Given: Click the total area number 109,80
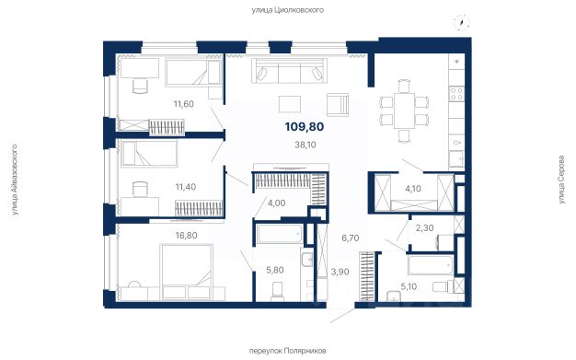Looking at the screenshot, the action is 305,127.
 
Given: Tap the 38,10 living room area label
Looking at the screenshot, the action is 305,145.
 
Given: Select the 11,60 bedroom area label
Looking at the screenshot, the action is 184,104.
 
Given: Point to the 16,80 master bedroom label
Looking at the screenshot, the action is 186,236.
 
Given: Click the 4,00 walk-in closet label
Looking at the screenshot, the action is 277,203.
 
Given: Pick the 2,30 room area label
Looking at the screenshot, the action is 425,228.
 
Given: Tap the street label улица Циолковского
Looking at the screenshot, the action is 288,10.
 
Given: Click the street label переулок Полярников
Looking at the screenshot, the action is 288,351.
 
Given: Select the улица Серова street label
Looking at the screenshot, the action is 561,180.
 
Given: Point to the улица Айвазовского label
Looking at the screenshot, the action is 15,180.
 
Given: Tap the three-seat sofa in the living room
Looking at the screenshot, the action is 289,71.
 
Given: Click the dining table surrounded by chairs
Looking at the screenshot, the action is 404,110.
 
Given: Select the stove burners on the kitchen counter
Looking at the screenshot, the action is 456,93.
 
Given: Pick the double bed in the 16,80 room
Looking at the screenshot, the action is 187,272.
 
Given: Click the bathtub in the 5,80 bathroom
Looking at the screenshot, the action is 280,233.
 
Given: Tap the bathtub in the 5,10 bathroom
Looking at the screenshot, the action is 431,264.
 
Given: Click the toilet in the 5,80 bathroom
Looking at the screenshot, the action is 277,291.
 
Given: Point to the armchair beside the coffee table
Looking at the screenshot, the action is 337,105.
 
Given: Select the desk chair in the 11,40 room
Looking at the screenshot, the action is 140,189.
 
